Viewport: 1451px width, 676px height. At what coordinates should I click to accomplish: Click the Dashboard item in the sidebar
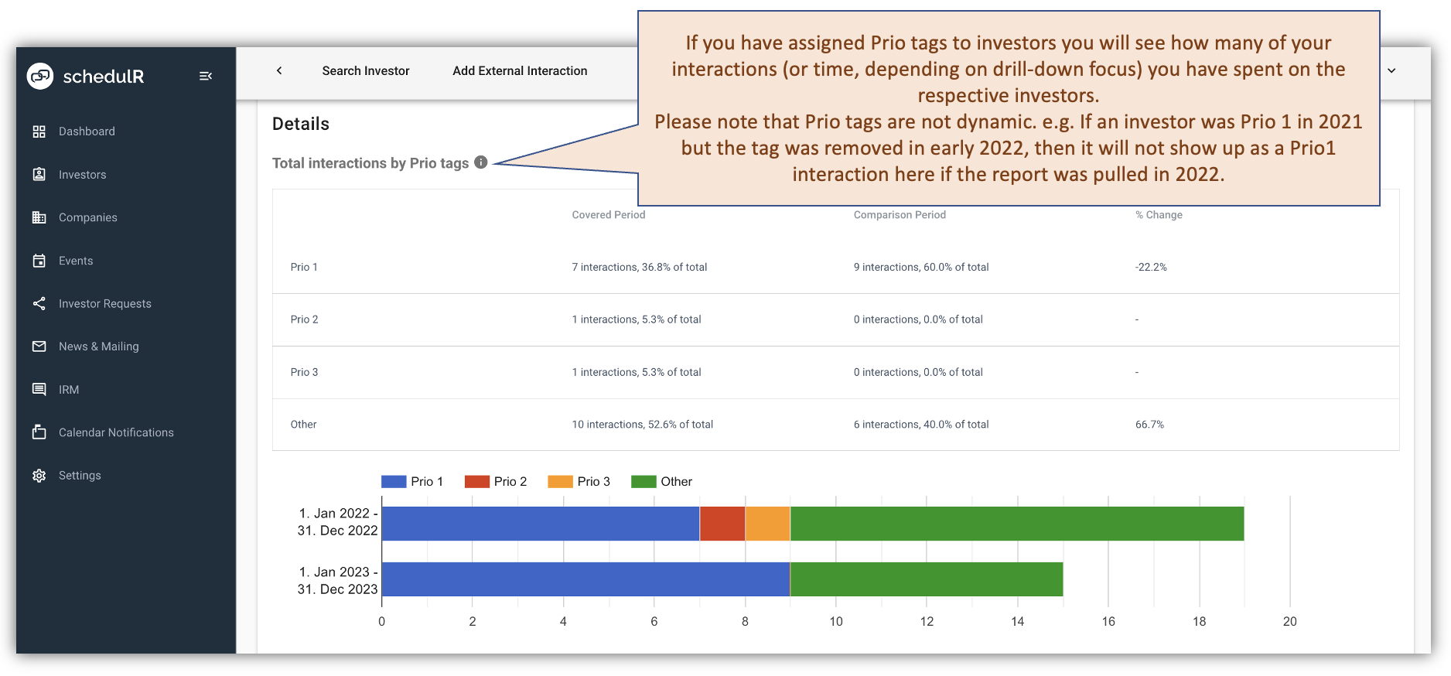pos(86,131)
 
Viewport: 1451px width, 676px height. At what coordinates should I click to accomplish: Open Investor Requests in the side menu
pos(104,304)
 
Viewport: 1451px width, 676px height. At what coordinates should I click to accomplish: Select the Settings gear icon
pos(39,476)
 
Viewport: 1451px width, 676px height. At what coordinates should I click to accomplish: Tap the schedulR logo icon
pos(40,76)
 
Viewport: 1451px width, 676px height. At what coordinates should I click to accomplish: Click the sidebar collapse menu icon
pos(206,76)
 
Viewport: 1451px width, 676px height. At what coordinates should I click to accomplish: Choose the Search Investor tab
pos(365,71)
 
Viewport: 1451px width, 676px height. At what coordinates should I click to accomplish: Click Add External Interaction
pos(520,71)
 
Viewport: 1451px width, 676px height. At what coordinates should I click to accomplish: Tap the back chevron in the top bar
pos(279,70)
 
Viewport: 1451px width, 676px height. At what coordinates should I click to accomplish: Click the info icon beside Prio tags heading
pos(481,162)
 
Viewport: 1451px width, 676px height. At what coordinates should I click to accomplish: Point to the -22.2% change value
pos(1151,268)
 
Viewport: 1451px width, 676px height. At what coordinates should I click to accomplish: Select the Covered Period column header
pos(608,215)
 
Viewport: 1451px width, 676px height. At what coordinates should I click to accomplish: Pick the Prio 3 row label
pos(304,373)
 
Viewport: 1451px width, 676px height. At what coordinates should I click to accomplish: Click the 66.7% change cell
pos(1149,425)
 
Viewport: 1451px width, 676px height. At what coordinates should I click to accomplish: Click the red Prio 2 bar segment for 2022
pos(722,524)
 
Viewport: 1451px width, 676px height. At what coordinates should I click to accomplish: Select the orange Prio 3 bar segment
pos(767,524)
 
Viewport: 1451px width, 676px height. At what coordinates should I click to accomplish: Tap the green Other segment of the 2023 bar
pos(927,579)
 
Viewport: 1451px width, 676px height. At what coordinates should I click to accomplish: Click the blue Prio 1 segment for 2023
pos(586,579)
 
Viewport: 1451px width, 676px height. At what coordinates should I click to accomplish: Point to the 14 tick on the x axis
pos(1017,622)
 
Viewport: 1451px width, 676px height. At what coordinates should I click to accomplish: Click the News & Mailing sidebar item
pos(98,347)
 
